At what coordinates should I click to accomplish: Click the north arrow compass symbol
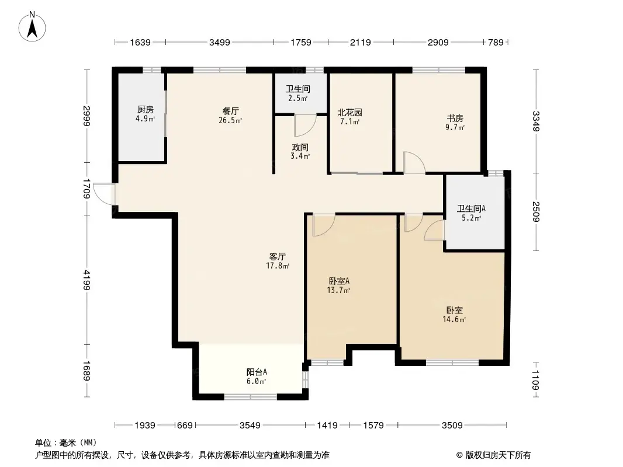click(33, 26)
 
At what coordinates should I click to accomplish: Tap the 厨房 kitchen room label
click(146, 110)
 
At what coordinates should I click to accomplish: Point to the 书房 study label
click(455, 118)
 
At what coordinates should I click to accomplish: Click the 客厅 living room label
click(277, 256)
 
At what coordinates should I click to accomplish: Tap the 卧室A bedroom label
click(338, 281)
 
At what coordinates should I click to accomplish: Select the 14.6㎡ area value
click(455, 319)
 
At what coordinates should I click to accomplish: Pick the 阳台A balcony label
click(256, 372)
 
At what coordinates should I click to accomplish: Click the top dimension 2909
click(438, 42)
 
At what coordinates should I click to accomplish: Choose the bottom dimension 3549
click(250, 426)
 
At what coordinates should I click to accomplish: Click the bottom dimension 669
click(185, 426)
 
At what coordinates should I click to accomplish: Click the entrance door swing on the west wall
click(105, 194)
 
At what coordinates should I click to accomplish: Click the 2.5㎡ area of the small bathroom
click(297, 98)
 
